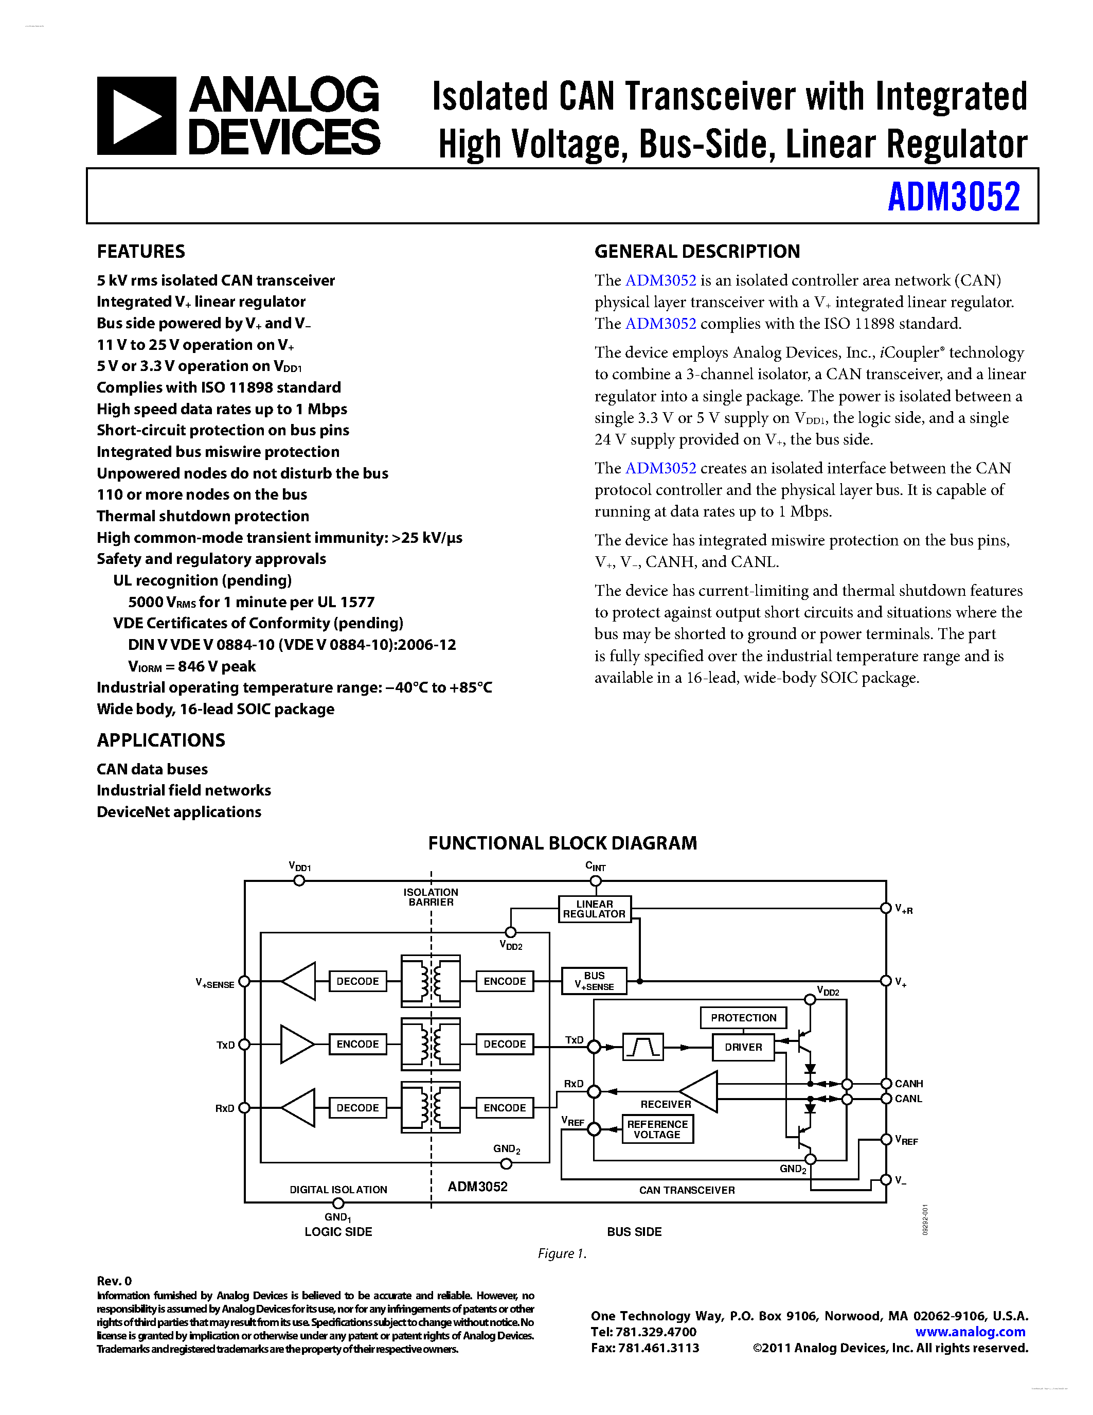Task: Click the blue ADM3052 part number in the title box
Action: point(953,197)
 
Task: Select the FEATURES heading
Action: point(140,252)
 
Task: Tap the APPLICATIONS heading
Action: point(160,740)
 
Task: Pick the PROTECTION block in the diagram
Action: point(743,1017)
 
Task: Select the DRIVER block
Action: point(743,1047)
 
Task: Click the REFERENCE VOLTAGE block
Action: point(657,1129)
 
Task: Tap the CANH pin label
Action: point(908,1083)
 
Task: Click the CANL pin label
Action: point(908,1099)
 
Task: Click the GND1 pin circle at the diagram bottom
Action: point(338,1203)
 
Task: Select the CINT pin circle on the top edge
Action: point(596,880)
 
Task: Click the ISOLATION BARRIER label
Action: point(431,897)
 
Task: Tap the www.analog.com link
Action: point(970,1332)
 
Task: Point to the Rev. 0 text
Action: point(114,1281)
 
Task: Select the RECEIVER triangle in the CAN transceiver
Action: point(701,1092)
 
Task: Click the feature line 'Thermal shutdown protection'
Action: point(203,517)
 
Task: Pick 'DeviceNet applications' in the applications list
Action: point(178,812)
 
